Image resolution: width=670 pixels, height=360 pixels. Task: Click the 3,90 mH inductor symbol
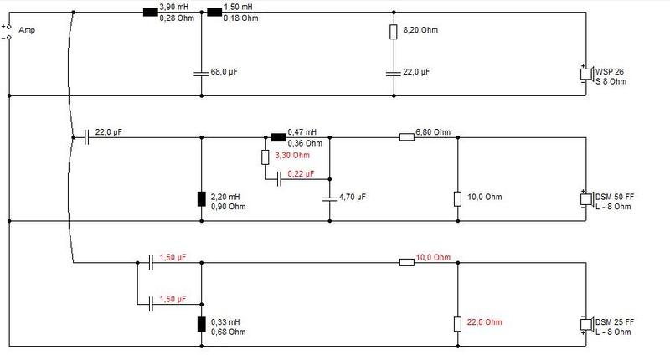(x=150, y=13)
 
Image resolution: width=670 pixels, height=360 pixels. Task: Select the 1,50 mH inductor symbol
(x=214, y=13)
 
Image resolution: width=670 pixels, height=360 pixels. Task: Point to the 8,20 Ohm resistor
(x=394, y=32)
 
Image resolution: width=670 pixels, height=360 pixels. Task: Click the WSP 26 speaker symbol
(x=586, y=74)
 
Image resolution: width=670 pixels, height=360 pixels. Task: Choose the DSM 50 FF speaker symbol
(x=586, y=199)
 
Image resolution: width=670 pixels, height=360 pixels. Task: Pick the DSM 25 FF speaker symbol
(x=586, y=324)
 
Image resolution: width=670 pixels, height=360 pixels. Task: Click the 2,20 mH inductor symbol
(x=201, y=199)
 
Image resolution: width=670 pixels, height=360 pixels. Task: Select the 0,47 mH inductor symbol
(x=279, y=137)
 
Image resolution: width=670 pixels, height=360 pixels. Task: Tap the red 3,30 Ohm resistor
(x=265, y=157)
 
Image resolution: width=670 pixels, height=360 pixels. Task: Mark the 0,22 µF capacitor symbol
(x=279, y=179)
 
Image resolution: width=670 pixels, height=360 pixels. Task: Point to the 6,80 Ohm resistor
(x=407, y=137)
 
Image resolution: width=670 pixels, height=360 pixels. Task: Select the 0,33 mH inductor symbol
(x=201, y=324)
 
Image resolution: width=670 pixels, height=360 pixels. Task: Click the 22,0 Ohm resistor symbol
(x=457, y=324)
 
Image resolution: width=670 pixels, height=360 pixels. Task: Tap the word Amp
(x=27, y=30)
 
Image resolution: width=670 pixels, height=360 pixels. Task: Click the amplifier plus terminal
(x=9, y=27)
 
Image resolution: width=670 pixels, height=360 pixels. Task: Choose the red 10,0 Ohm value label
(x=433, y=257)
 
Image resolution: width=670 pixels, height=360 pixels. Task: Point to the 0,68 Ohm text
(x=228, y=332)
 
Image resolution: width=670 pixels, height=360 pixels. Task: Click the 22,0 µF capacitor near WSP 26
(x=394, y=74)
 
